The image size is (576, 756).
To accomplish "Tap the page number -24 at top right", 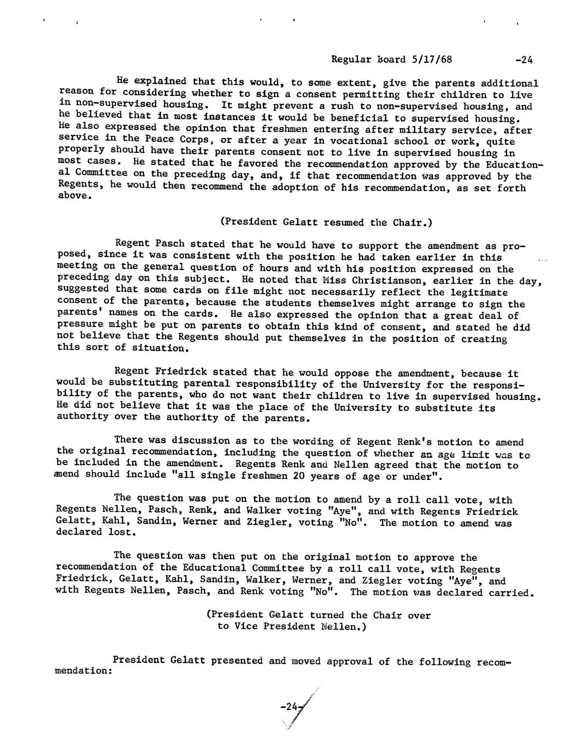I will click(x=524, y=59).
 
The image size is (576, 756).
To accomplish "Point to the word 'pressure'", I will click(x=79, y=327).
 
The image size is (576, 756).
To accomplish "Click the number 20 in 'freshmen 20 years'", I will click(x=293, y=476).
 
